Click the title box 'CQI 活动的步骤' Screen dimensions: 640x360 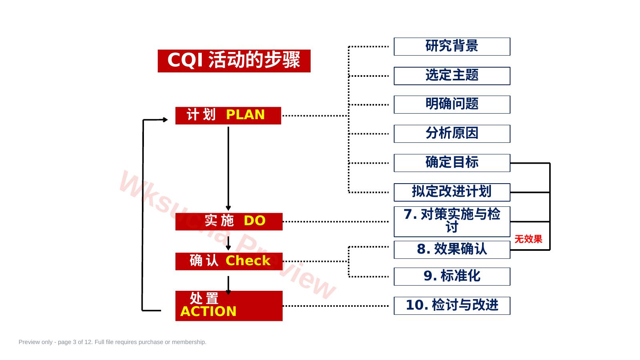[x=234, y=61]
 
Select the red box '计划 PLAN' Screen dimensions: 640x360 [x=228, y=116]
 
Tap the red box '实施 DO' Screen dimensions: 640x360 [x=229, y=222]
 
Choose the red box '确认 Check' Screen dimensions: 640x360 [x=229, y=261]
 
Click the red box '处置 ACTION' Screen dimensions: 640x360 [x=229, y=306]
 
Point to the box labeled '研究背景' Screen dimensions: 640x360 [x=452, y=47]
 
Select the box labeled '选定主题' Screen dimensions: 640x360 [x=452, y=76]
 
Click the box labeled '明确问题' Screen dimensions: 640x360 [x=452, y=105]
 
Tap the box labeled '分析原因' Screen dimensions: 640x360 [x=452, y=134]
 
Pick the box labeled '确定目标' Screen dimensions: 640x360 [x=452, y=163]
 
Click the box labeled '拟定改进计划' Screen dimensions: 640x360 [x=452, y=192]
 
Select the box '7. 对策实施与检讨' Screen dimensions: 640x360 [x=452, y=222]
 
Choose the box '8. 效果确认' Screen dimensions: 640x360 [x=452, y=250]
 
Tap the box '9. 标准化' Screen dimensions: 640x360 [x=452, y=276]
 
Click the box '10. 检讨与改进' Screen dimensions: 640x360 [x=452, y=306]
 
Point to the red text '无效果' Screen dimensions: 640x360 [x=528, y=239]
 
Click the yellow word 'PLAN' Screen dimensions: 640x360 [x=245, y=115]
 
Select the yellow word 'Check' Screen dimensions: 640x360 [x=248, y=260]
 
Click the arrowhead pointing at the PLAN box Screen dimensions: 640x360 [x=165, y=120]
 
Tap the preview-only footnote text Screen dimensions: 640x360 [x=112, y=342]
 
